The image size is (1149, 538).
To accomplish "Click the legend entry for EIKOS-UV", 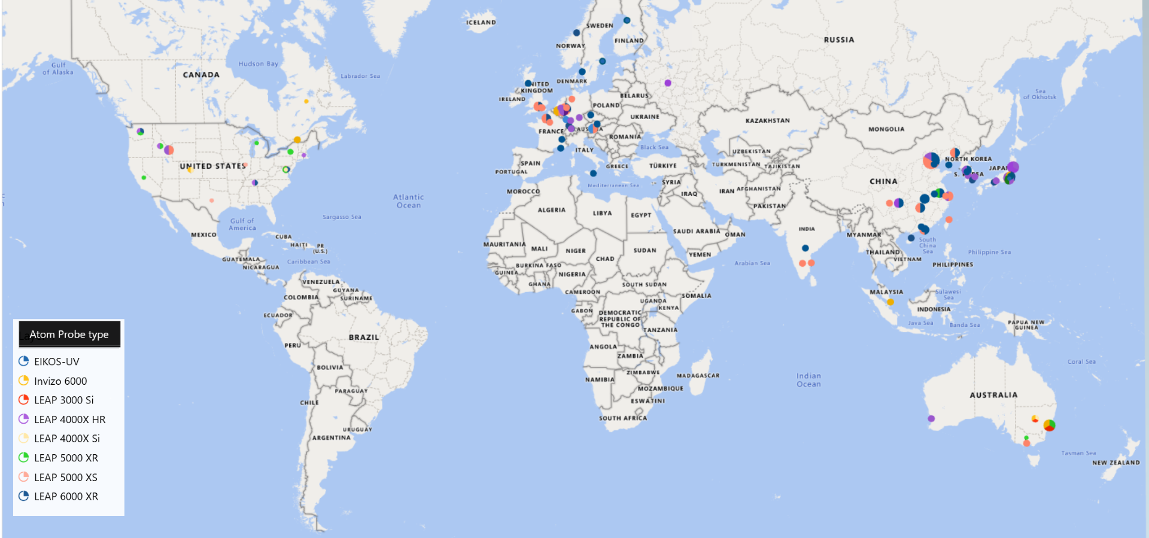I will [56, 361].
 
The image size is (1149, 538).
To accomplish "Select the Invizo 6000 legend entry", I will [60, 381].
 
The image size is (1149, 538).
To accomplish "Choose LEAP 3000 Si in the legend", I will [63, 400].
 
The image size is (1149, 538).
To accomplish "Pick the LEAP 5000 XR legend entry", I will [66, 458].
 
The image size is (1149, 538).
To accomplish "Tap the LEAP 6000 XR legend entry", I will [66, 496].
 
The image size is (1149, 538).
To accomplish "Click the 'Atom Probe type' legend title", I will [69, 335].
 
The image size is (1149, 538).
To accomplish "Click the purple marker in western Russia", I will [668, 83].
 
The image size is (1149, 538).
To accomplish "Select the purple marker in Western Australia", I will [931, 419].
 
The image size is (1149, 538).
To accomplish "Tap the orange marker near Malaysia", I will [890, 302].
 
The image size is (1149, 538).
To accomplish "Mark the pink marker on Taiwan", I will [949, 220].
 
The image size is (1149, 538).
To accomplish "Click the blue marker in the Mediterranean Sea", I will [593, 174].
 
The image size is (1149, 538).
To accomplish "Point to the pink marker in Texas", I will [212, 200].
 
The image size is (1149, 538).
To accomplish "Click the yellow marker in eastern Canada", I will [306, 102].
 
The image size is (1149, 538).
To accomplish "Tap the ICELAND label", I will [481, 23].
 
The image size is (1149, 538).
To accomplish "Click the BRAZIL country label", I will [364, 338].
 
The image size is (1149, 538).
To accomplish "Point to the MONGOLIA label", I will [886, 129].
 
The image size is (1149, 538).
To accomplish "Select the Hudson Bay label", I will [258, 64].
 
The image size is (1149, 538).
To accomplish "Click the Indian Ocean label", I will [808, 380].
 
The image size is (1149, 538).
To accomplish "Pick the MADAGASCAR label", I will [698, 376].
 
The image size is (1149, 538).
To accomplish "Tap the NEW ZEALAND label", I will [1115, 463].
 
